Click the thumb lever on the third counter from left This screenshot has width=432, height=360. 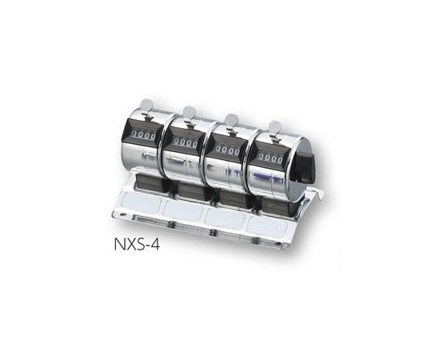tap(230, 120)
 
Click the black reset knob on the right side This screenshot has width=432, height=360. tap(302, 164)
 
